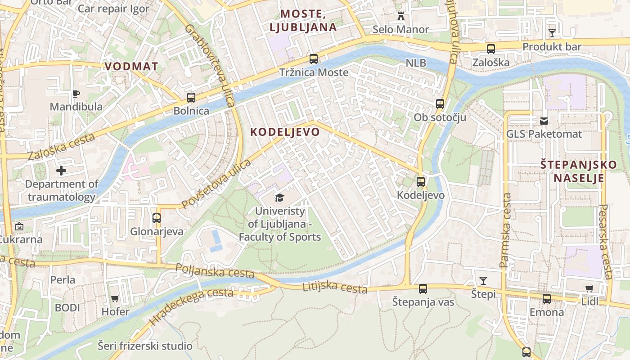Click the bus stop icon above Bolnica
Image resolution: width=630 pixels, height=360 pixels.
pyautogui.click(x=191, y=97)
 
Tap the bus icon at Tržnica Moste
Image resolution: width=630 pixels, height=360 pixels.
pyautogui.click(x=314, y=59)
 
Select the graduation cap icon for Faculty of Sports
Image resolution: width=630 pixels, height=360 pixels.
pyautogui.click(x=279, y=198)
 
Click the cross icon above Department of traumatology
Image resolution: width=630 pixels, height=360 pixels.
pyautogui.click(x=61, y=171)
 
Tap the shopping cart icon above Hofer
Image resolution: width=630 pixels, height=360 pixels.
pyautogui.click(x=115, y=298)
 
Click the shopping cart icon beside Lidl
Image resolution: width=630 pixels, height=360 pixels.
pyautogui.click(x=589, y=288)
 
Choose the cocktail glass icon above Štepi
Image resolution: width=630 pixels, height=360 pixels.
pyautogui.click(x=483, y=281)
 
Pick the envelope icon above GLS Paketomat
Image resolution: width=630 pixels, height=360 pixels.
pyautogui.click(x=544, y=121)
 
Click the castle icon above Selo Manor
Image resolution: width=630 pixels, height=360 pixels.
pyautogui.click(x=400, y=16)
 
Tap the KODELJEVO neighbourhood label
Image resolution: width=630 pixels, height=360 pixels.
pyautogui.click(x=285, y=132)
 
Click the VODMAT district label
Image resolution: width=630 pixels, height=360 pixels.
pyautogui.click(x=131, y=67)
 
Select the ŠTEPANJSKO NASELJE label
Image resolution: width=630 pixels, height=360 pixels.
pyautogui.click(x=578, y=171)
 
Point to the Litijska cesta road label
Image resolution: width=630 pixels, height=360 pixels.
pyautogui.click(x=335, y=286)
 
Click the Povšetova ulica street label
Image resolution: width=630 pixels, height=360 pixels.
pyautogui.click(x=216, y=184)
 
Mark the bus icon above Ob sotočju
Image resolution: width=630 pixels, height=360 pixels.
pyautogui.click(x=440, y=104)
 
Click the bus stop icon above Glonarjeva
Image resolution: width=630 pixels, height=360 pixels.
pyautogui.click(x=157, y=218)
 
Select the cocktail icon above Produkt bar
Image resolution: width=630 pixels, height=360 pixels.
pyautogui.click(x=552, y=33)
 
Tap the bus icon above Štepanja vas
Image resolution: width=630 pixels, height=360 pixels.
pyautogui.click(x=423, y=289)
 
